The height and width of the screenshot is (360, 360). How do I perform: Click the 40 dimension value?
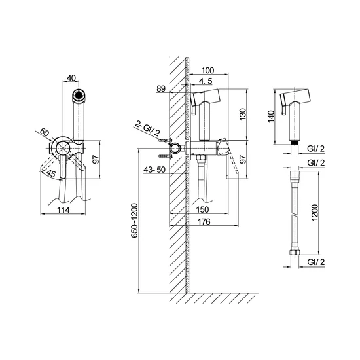tap(71, 78)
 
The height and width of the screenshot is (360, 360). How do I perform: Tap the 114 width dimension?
tap(63, 210)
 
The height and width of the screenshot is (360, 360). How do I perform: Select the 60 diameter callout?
tap(45, 132)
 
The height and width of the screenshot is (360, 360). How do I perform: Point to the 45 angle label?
tap(51, 173)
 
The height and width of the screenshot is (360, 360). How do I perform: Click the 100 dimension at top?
tap(207, 70)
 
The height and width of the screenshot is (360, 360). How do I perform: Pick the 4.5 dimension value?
tap(206, 81)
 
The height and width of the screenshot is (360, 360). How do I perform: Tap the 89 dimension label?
tap(161, 88)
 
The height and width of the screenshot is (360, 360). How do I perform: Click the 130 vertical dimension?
tap(242, 114)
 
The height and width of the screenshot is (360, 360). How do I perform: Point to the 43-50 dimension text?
tap(154, 170)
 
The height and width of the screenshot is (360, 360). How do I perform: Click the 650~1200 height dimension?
tap(134, 220)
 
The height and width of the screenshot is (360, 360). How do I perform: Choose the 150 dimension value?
tap(203, 209)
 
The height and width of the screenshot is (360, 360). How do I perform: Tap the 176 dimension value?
tap(204, 221)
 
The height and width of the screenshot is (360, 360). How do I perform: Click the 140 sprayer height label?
tap(271, 117)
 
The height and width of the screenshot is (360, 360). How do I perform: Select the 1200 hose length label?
tap(315, 212)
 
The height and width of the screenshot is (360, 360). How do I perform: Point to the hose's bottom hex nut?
tap(295, 252)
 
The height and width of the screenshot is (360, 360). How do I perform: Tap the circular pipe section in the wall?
tap(175, 149)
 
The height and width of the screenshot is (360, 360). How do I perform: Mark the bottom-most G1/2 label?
tap(316, 262)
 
